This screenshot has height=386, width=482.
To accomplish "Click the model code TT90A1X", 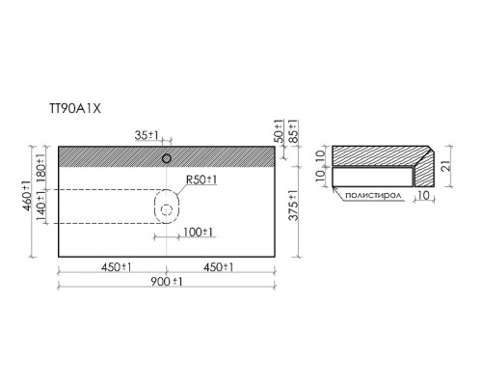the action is (x=75, y=109).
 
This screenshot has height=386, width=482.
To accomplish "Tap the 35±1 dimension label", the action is (x=147, y=135).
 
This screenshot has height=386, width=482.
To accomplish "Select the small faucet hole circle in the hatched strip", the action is (x=167, y=158).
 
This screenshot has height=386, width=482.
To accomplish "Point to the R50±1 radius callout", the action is (x=201, y=179).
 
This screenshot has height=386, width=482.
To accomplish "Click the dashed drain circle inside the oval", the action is (x=167, y=210).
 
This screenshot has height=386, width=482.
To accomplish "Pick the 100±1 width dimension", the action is (x=198, y=232).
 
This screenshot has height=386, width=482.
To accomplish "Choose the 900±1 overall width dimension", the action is (x=167, y=282).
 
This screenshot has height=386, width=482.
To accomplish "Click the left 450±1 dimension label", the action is (x=116, y=267).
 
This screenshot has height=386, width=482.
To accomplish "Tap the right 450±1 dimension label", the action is (x=218, y=267).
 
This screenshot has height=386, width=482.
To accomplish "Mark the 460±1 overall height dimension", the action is (x=28, y=196).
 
